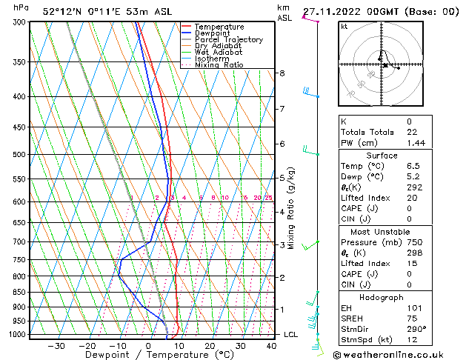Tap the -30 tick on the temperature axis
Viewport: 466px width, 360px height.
tap(56, 345)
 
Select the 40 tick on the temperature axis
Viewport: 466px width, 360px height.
tap(272, 345)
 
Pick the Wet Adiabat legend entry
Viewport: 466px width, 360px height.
tap(220, 53)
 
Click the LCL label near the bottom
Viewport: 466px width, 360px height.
tap(291, 335)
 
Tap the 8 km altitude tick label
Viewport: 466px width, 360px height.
tap(282, 73)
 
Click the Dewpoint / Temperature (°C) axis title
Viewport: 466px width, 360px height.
tap(148, 355)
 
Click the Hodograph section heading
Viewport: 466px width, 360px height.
tap(382, 297)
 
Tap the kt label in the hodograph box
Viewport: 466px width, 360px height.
tap(344, 27)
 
